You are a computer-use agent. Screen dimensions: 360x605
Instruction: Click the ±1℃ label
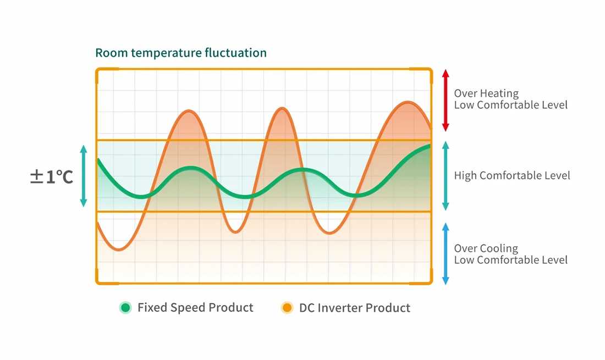[52, 176]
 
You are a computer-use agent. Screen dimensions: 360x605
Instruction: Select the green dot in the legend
[126, 308]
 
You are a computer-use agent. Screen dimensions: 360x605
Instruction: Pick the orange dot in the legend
[287, 308]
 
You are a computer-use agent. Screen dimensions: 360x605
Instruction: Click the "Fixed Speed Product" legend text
[195, 308]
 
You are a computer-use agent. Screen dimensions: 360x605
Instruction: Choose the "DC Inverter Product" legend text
[355, 308]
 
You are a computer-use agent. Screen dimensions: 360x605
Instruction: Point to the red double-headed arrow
[446, 100]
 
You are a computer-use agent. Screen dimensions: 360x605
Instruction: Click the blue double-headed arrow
[446, 253]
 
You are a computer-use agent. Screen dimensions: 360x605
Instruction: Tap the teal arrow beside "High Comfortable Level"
[446, 176]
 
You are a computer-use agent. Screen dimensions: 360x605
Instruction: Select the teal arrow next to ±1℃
[84, 176]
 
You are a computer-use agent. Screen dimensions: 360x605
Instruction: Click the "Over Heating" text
[486, 93]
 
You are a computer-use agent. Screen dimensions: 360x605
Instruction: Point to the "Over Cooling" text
[486, 248]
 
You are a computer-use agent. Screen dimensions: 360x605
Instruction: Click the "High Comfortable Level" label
[512, 176]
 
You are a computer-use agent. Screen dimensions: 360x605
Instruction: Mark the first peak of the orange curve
[189, 111]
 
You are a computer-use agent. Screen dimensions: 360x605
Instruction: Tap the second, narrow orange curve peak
[282, 108]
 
